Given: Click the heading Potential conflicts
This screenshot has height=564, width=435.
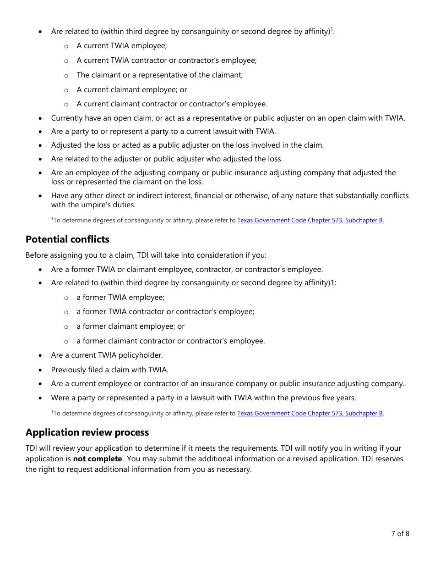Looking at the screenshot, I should tap(67, 239).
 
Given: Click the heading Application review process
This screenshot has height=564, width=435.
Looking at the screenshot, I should tap(87, 432).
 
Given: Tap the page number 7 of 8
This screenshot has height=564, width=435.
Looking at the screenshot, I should tap(400, 533).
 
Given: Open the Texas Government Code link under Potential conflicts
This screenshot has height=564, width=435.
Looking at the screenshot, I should tap(310, 413).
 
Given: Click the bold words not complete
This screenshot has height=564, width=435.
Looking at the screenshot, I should tap(98, 459).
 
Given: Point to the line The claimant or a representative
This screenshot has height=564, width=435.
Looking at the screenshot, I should tap(159, 75).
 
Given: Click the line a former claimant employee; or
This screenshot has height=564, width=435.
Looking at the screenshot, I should tap(130, 326).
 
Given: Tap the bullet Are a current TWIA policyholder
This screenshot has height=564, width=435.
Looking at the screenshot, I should tap(107, 355).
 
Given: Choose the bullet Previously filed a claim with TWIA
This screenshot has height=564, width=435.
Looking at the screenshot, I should tap(109, 370).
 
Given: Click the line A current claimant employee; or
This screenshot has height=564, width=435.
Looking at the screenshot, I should tap(131, 89).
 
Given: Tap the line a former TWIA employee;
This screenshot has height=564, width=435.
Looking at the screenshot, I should tap(120, 298).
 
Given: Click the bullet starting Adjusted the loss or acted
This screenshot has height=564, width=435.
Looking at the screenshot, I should tap(187, 145).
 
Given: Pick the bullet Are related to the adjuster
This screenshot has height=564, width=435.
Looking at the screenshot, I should tap(167, 159).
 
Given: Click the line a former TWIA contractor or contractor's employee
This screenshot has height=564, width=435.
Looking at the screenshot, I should tap(165, 312).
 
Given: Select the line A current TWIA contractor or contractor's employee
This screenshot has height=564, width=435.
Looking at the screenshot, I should tap(166, 61).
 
